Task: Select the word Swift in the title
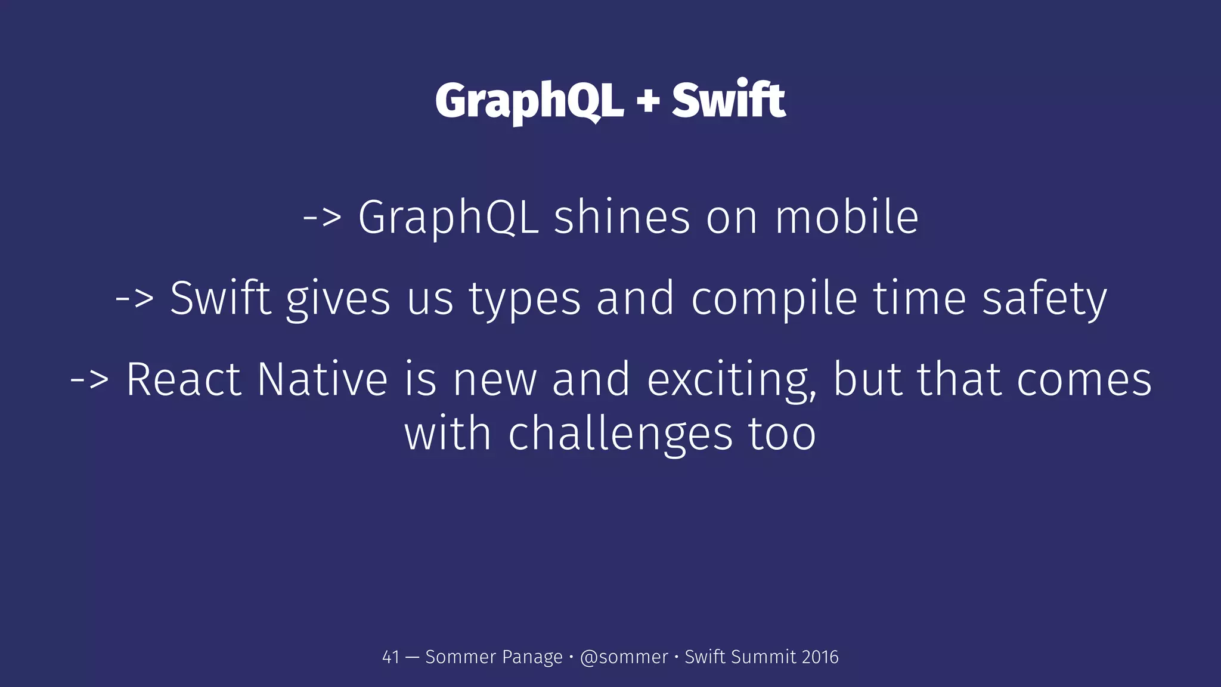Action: [729, 100]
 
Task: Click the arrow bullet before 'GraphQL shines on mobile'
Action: [323, 217]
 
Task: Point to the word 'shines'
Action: [622, 217]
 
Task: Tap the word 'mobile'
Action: [847, 217]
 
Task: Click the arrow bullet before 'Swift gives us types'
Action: [135, 298]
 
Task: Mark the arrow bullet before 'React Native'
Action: [90, 379]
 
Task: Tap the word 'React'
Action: [184, 379]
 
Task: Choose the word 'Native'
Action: [323, 379]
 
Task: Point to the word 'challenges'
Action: [620, 434]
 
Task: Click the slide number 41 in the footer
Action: [391, 657]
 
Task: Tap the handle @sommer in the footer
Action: [624, 657]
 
